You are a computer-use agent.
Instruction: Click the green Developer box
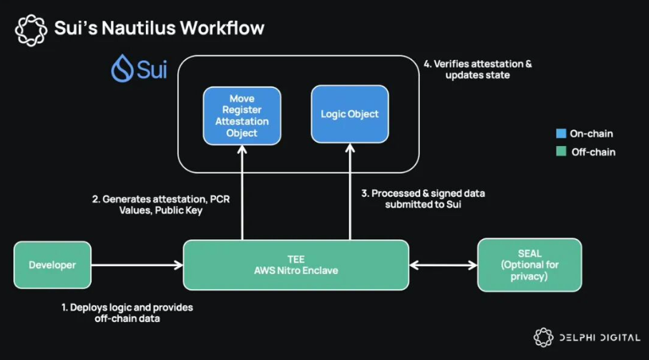pos(52,265)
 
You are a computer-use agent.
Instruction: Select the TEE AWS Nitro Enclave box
pos(296,265)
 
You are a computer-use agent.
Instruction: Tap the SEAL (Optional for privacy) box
pos(530,265)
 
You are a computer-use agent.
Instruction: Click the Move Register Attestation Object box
pos(241,115)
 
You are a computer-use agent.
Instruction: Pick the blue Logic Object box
pos(350,114)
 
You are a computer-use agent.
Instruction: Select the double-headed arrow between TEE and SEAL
pos(442,265)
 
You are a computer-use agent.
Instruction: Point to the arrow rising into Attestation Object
pos(242,193)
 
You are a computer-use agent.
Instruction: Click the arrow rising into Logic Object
pos(350,193)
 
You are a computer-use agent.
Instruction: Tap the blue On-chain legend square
pos(562,134)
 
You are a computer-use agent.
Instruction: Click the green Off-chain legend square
pos(562,152)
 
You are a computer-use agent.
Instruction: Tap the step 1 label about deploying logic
pos(127,313)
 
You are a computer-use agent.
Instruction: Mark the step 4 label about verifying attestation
pos(477,69)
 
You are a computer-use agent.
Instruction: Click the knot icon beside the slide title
pos(31,29)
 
